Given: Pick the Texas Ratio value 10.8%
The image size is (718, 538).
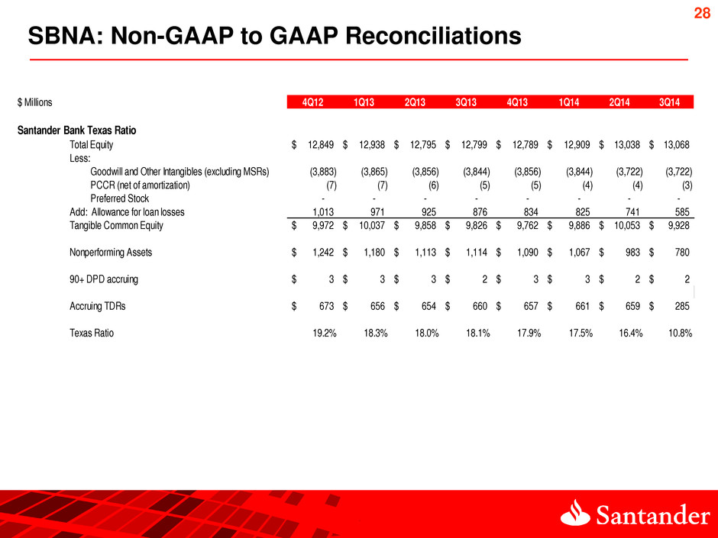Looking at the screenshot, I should click(x=676, y=333).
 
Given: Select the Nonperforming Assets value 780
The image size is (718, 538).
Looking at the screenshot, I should click(x=681, y=252).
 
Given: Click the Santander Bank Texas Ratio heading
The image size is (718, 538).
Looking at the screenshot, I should click(x=76, y=129).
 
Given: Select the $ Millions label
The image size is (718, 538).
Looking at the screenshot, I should click(x=34, y=101).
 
